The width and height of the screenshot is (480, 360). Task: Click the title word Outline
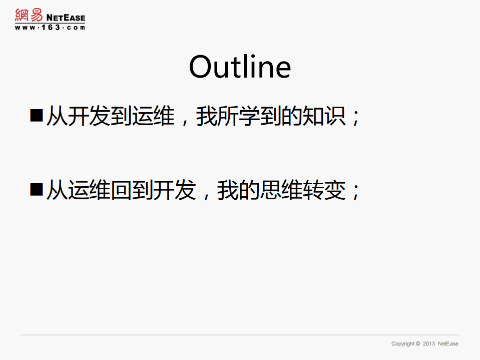pos(240,67)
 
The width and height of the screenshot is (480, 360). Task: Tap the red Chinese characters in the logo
pos(29,16)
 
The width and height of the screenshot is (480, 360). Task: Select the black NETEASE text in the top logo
pos(66,18)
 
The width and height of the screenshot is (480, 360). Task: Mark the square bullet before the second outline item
pos(37,189)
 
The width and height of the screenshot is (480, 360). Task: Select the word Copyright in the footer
pos(403,344)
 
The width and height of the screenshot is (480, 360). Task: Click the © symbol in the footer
pos(418,344)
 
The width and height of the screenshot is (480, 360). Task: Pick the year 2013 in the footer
pos(429,344)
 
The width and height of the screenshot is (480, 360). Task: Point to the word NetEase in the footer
pos(448,344)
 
